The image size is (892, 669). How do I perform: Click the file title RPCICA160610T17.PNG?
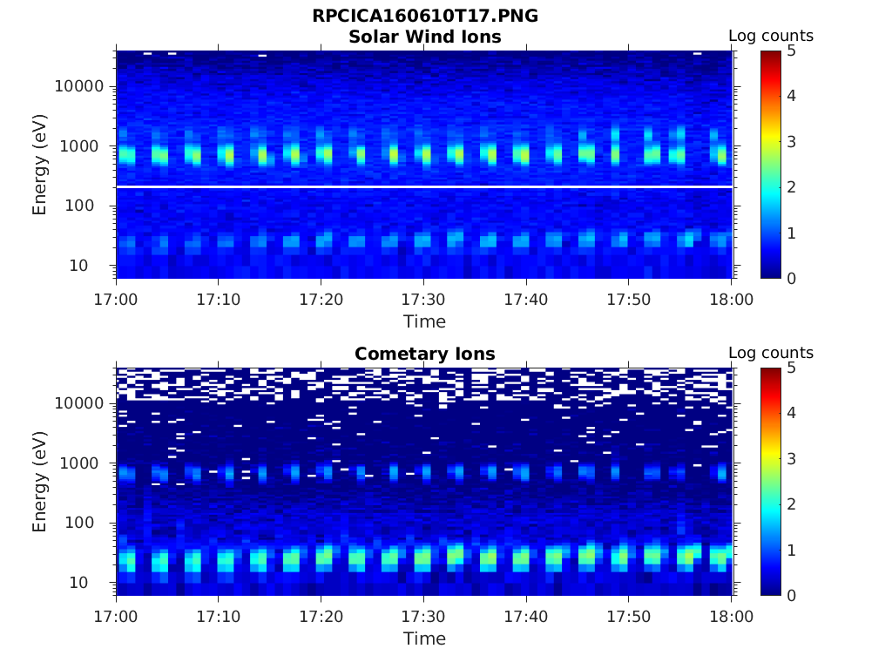click(x=424, y=17)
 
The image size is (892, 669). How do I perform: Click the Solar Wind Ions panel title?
click(x=424, y=37)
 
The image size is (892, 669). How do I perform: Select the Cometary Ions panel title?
click(x=424, y=354)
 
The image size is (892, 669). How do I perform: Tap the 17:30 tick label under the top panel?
click(x=423, y=299)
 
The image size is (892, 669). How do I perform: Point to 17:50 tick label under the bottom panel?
click(x=629, y=616)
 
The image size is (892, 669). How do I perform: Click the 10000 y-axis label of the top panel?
click(x=78, y=86)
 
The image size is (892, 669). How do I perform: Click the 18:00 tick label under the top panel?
click(x=731, y=299)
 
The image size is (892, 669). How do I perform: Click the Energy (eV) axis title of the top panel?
click(x=40, y=165)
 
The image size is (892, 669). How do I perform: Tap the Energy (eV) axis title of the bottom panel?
click(x=40, y=482)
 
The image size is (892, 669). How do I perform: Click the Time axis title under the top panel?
click(x=424, y=321)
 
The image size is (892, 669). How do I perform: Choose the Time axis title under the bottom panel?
click(x=424, y=639)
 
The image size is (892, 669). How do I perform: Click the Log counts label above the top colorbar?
click(x=770, y=36)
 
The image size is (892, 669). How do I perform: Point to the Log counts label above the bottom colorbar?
click(x=770, y=353)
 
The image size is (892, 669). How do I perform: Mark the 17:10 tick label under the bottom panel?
click(x=219, y=616)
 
